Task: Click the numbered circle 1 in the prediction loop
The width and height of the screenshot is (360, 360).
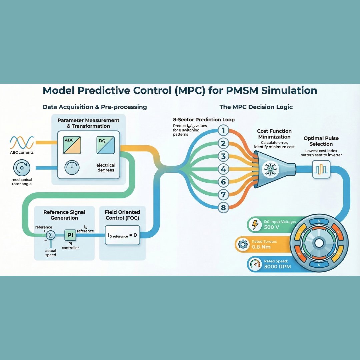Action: [x=223, y=130]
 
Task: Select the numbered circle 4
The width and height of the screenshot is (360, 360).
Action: [x=223, y=169]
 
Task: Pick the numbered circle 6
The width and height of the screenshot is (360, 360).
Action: [x=223, y=182]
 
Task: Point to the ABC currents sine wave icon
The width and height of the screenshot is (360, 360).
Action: [x=22, y=142]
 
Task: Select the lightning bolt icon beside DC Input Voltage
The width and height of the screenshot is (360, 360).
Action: [x=255, y=225]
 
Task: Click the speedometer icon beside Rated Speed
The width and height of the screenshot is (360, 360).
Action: [x=255, y=265]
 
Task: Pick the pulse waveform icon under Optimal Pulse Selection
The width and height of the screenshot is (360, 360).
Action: [x=321, y=169]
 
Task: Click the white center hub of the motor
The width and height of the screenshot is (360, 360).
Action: [x=319, y=243]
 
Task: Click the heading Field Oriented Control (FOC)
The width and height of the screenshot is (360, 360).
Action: [x=122, y=215]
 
